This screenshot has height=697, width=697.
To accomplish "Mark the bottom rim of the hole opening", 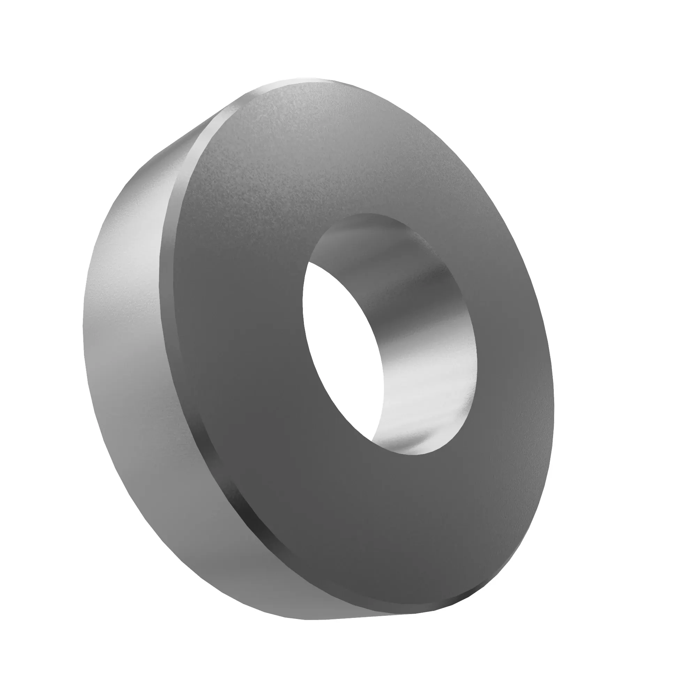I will tap(415, 455).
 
